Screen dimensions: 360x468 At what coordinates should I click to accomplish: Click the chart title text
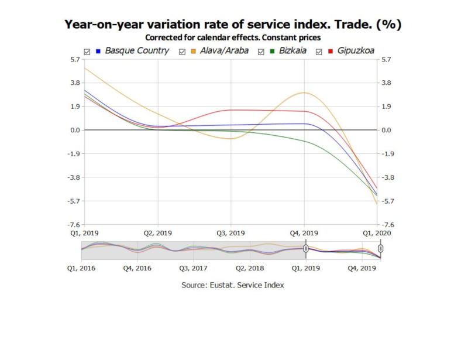(233, 25)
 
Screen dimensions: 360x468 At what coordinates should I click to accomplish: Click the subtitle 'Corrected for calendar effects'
(233, 37)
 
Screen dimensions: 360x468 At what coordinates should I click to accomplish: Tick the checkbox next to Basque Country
(87, 52)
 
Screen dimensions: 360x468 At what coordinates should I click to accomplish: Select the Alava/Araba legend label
(224, 51)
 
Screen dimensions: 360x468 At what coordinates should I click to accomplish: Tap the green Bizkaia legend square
(272, 52)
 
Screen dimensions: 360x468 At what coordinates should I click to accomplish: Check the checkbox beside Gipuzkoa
(319, 52)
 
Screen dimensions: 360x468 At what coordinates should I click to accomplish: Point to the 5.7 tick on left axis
(74, 60)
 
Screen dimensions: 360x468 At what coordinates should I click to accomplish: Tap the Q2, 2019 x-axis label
(158, 233)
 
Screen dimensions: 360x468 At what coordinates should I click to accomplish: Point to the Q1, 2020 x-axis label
(377, 233)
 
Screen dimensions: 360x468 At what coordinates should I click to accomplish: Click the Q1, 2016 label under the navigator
(81, 268)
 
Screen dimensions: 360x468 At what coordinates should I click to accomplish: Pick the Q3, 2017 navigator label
(194, 268)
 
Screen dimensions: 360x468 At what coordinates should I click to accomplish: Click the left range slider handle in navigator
(305, 249)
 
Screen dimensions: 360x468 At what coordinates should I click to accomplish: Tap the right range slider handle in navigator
(381, 249)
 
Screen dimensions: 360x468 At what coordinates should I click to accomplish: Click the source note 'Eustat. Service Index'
(233, 285)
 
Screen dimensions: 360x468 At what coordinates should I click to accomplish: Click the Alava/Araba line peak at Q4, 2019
(304, 92)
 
